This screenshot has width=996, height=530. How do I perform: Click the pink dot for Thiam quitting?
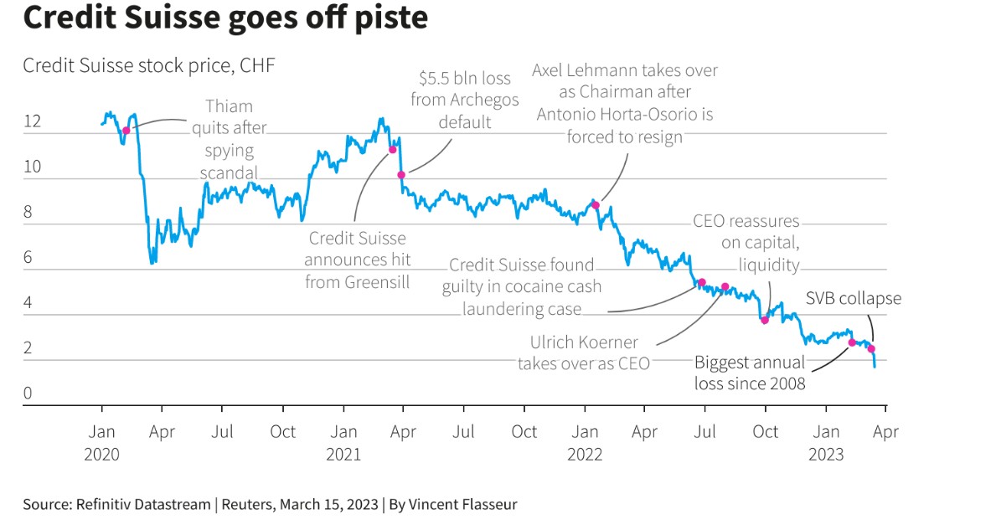[126, 131]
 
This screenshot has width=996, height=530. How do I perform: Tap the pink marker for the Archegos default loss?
[401, 174]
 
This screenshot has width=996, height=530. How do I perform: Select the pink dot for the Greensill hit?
[391, 150]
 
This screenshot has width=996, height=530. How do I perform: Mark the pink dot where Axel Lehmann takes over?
[596, 204]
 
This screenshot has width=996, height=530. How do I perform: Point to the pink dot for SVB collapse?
[871, 348]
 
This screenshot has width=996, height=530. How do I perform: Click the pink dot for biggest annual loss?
[852, 342]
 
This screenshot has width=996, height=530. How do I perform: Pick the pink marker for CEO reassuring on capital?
[764, 320]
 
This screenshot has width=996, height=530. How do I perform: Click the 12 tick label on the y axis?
[32, 122]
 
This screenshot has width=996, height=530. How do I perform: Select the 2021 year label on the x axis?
[343, 455]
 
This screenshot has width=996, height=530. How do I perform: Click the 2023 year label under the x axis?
[826, 455]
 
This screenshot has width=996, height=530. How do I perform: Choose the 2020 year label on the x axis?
[102, 455]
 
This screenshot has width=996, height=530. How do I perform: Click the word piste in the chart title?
[385, 18]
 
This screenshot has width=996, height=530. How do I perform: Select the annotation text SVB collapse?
[854, 299]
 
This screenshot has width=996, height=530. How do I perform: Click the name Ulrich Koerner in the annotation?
[584, 342]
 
